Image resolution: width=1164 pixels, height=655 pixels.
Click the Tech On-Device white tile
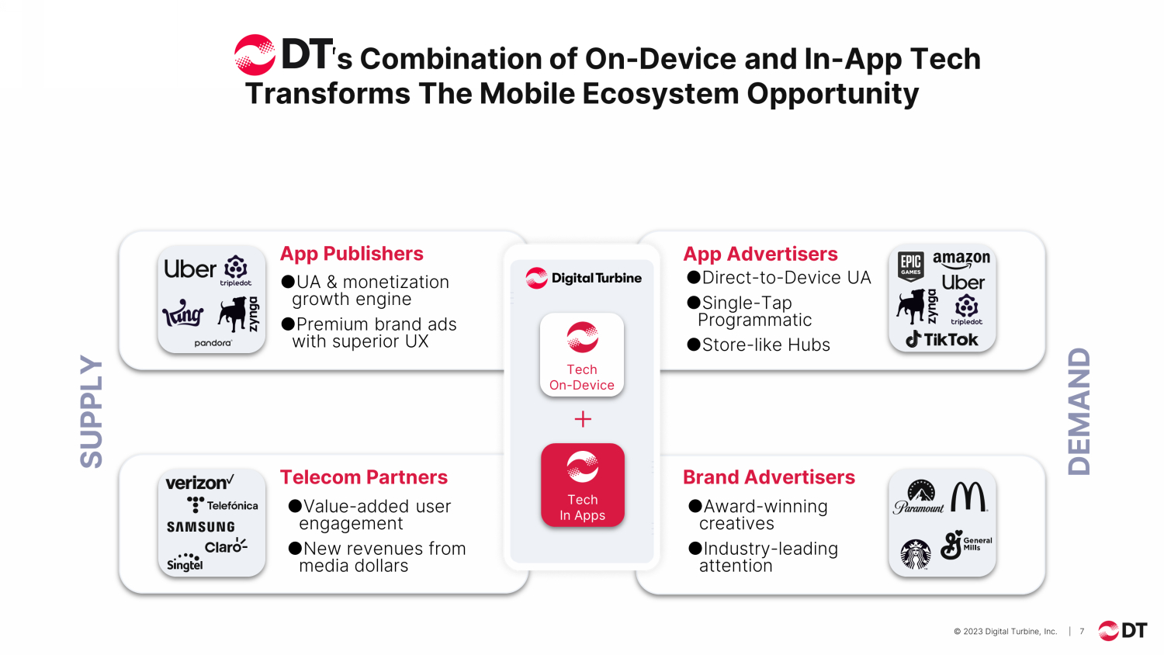[582, 355]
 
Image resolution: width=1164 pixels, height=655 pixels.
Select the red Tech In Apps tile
[583, 485]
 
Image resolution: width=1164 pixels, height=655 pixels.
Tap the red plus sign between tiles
[583, 419]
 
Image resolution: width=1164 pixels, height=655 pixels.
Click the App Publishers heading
[352, 254]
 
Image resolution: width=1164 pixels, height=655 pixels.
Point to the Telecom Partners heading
[364, 477]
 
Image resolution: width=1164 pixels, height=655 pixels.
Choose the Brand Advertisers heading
[769, 477]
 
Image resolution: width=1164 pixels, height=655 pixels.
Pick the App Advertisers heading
[760, 254]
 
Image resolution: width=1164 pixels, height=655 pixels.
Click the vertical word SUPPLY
[92, 412]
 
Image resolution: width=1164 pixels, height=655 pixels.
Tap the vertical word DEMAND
[1079, 412]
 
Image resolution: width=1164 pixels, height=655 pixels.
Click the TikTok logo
[941, 339]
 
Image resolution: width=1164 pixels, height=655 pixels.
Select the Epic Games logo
[910, 266]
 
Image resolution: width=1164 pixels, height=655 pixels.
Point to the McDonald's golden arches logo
[968, 497]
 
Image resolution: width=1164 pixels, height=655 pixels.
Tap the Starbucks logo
[916, 554]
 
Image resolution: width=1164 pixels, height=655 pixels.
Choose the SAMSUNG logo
[201, 527]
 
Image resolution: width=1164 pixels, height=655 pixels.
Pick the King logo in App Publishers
[182, 313]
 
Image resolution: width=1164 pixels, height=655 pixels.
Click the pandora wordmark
[213, 343]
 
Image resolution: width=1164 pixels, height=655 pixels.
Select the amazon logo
[961, 259]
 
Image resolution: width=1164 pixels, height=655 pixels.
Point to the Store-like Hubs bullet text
[766, 345]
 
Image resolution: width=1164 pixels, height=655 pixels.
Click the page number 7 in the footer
[1082, 632]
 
